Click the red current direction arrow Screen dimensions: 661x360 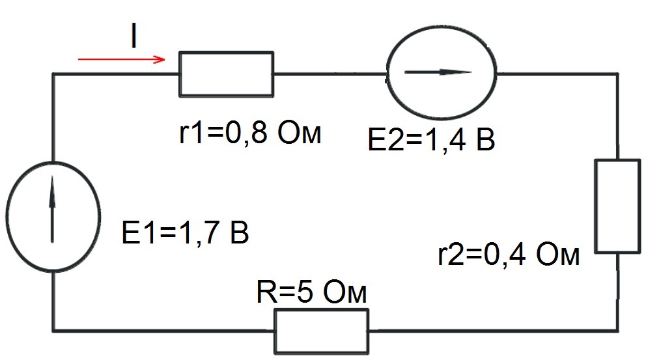point(121,59)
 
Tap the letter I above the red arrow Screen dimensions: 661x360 point(134,36)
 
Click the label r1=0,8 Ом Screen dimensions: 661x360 point(250,133)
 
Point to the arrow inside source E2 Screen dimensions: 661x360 point(438,72)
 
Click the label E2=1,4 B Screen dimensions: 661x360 point(431,140)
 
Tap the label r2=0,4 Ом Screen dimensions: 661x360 point(509,255)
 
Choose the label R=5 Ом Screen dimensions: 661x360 point(311,292)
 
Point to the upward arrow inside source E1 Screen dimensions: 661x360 point(52,209)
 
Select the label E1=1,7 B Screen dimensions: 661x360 point(185,232)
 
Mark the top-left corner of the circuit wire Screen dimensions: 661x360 point(53,74)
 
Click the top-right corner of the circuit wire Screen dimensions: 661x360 point(618,74)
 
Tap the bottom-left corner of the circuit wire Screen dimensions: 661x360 point(53,331)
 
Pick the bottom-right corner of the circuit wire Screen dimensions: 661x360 point(618,331)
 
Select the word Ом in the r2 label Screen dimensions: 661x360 point(558,255)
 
